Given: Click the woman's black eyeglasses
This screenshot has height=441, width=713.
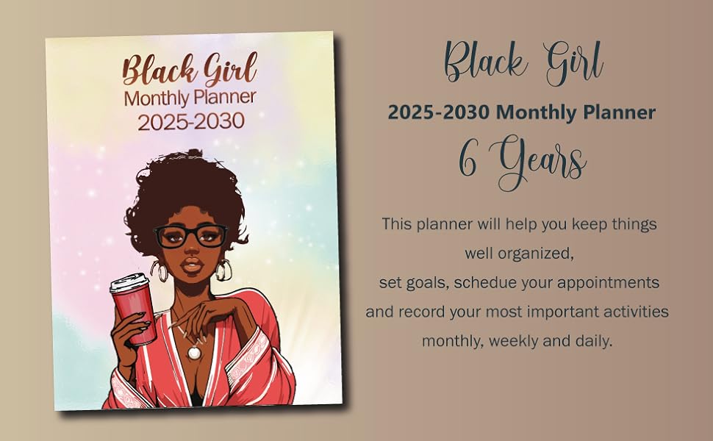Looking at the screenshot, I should (190, 236).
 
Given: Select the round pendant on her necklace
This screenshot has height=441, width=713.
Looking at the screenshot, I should (194, 352).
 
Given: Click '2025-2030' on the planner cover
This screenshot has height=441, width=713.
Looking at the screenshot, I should (190, 121).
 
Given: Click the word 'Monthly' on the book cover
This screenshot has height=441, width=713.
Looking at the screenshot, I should (155, 97).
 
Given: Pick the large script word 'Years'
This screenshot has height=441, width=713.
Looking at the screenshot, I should (542, 163).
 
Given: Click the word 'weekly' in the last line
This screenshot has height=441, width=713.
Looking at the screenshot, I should (515, 341).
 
